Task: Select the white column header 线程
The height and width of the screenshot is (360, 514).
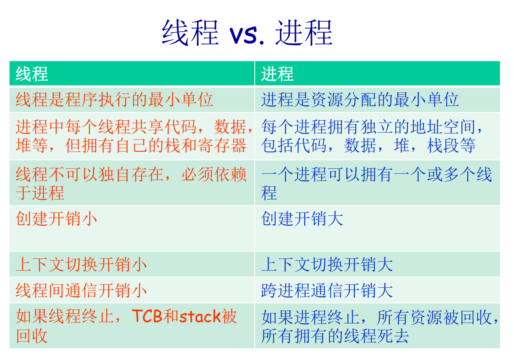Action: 32,74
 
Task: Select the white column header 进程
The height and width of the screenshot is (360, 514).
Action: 277,74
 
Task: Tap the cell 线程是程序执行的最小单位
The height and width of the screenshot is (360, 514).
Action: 114,100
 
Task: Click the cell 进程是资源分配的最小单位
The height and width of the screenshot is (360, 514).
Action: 360,100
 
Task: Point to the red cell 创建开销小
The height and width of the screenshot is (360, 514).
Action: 57,219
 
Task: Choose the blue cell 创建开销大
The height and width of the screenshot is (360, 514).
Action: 302,219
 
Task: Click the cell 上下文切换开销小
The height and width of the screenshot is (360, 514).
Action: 81,265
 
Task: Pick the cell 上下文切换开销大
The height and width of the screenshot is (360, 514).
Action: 327,265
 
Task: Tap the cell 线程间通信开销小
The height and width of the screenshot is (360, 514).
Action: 81,291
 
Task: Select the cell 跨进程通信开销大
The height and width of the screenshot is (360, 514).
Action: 327,291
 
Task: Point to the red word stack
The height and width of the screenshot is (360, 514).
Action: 199,316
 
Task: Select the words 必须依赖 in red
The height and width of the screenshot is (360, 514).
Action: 214,175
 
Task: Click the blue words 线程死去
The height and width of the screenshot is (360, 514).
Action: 376,336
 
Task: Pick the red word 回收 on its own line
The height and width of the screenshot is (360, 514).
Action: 32,336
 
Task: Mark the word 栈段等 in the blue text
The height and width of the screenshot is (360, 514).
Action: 451,145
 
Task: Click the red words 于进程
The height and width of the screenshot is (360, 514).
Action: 40,193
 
